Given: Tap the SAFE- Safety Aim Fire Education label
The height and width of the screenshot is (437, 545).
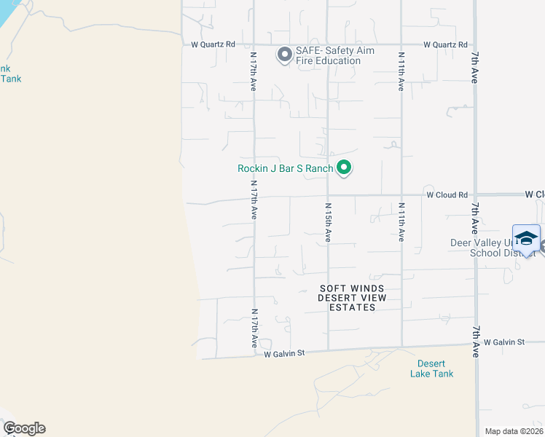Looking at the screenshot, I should pyautogui.click(x=328, y=56).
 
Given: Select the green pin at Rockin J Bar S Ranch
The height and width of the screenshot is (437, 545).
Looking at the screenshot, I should pyautogui.click(x=345, y=169).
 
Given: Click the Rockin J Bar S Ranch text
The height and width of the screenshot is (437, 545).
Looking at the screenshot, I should pyautogui.click(x=285, y=168).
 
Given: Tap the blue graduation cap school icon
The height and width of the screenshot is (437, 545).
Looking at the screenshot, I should pyautogui.click(x=526, y=238).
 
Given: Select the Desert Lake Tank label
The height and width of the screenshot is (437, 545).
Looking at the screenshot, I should pyautogui.click(x=436, y=369).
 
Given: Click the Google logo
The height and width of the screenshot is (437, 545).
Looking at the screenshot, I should pyautogui.click(x=24, y=428).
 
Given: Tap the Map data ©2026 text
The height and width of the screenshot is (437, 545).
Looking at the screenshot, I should pyautogui.click(x=512, y=431).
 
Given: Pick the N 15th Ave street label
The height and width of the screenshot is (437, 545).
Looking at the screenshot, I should pyautogui.click(x=328, y=223).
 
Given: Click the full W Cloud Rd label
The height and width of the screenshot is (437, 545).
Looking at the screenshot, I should pyautogui.click(x=447, y=195).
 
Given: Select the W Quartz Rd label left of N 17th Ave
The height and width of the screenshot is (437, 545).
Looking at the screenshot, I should pyautogui.click(x=213, y=44).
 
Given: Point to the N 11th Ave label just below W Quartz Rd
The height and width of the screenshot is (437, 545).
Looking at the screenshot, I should pyautogui.click(x=401, y=71).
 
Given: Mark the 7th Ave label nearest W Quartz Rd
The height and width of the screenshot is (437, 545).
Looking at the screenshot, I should pyautogui.click(x=474, y=67).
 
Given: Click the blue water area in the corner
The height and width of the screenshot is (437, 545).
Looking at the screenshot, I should pyautogui.click(x=10, y=12).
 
